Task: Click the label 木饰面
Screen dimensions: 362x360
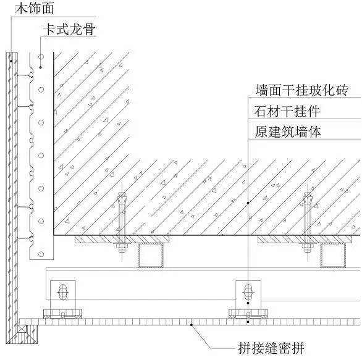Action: click(35, 8)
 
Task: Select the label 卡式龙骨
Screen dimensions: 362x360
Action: click(69, 30)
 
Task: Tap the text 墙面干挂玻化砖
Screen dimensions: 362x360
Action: click(301, 90)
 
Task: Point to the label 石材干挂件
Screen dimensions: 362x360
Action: click(287, 111)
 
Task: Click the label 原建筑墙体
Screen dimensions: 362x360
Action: click(288, 132)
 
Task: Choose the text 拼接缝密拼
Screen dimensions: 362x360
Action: click(271, 348)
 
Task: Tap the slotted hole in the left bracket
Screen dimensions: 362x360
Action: click(63, 292)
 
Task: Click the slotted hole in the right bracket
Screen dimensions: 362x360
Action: click(248, 292)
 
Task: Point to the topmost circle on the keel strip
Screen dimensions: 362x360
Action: click(41, 57)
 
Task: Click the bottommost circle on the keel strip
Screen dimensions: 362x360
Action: click(41, 254)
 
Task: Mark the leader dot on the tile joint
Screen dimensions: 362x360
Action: click(192, 325)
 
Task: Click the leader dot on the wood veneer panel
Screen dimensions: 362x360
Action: click(11, 61)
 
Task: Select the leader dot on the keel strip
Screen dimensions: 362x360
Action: click(40, 67)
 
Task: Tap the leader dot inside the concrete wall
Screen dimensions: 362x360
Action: click(248, 203)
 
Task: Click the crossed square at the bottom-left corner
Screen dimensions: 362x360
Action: click(22, 329)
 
